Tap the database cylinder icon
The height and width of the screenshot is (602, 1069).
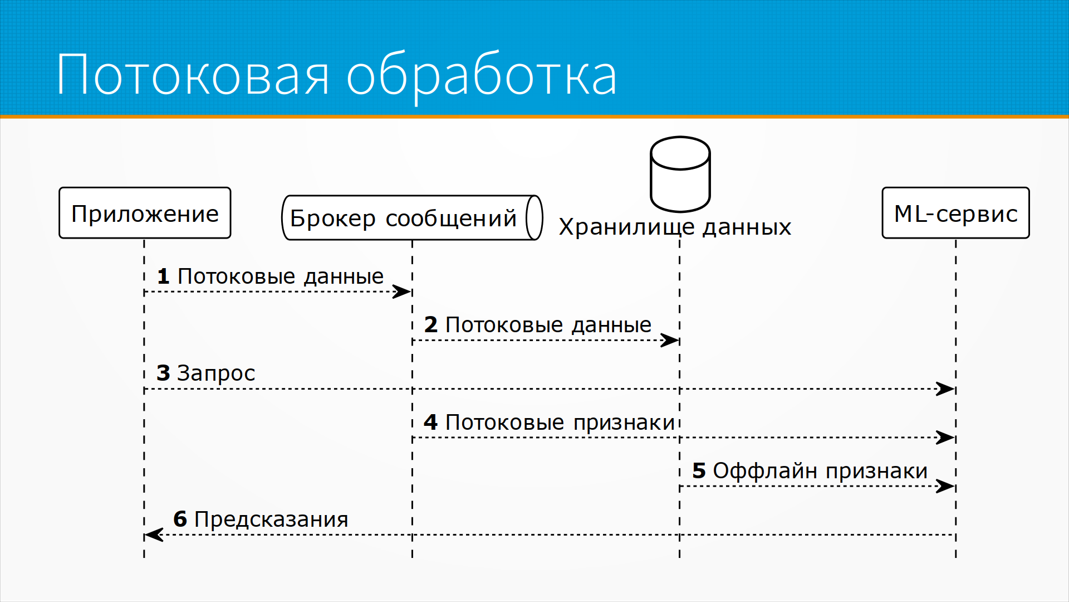point(680,174)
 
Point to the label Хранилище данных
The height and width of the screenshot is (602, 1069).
point(675,227)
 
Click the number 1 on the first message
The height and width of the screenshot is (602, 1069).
point(163,276)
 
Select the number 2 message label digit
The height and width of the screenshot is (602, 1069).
point(431,325)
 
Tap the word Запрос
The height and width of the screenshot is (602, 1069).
point(216,373)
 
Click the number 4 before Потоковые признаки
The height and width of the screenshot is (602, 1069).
point(430,423)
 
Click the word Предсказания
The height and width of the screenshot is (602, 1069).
point(271,520)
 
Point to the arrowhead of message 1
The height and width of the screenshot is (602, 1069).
point(401,292)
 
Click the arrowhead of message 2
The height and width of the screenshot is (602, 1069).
point(669,340)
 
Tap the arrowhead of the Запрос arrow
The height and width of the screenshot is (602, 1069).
point(945,389)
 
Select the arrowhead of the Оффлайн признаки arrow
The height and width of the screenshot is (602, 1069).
point(945,486)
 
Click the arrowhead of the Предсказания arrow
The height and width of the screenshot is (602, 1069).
point(154,535)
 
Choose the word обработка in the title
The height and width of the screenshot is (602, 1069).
point(482,77)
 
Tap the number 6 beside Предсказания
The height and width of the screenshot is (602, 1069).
point(180,520)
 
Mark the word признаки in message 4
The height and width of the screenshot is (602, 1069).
point(624,424)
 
